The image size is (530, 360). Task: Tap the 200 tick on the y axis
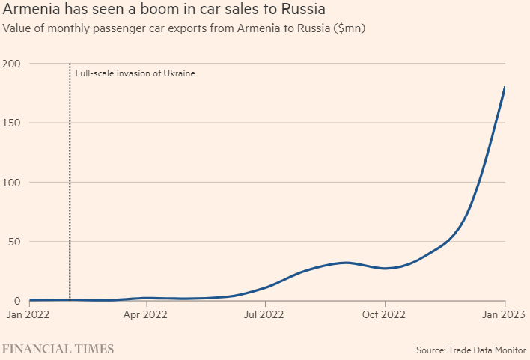10,64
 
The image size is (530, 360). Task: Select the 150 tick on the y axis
10,123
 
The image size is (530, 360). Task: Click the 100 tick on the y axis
10,183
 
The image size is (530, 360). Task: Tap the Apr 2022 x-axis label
145,315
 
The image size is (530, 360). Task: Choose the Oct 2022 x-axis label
384,315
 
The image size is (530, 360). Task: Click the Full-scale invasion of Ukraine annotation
135,73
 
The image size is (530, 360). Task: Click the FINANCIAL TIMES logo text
58,349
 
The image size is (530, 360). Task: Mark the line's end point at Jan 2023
505,88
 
